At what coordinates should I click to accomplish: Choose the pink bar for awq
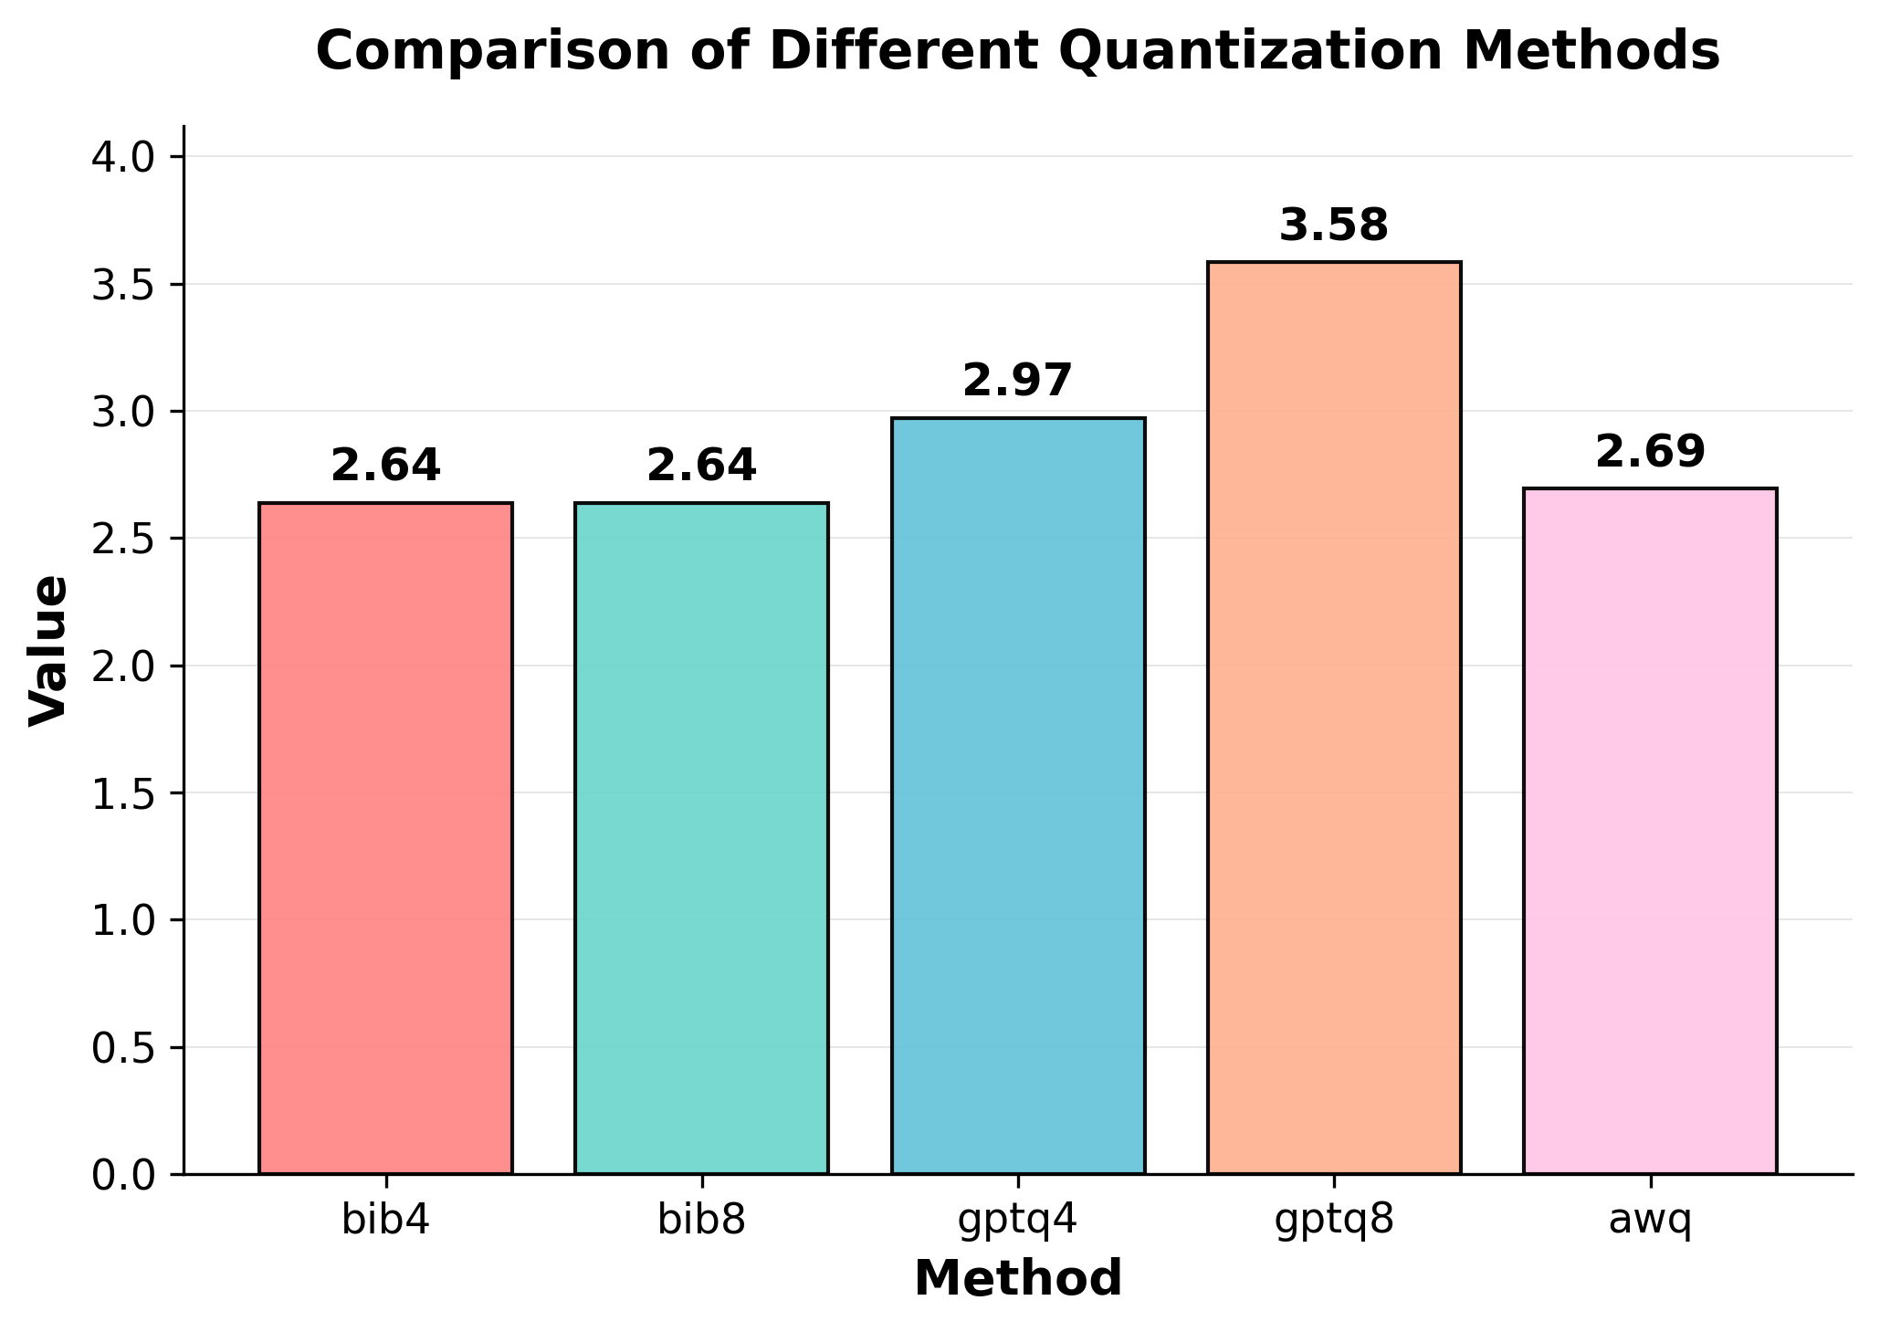tap(1650, 831)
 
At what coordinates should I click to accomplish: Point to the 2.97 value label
tap(1017, 382)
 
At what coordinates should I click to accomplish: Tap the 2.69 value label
tap(1650, 452)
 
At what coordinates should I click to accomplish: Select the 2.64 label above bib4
tap(385, 467)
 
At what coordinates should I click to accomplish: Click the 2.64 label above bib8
tap(701, 467)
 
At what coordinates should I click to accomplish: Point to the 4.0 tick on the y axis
tap(124, 157)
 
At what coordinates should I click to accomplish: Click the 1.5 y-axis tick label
tap(124, 793)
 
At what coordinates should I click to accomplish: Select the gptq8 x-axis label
tap(1334, 1221)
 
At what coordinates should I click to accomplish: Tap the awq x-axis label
tap(1650, 1221)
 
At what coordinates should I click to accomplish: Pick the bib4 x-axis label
tap(385, 1221)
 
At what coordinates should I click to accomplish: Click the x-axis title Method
tap(1018, 1278)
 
